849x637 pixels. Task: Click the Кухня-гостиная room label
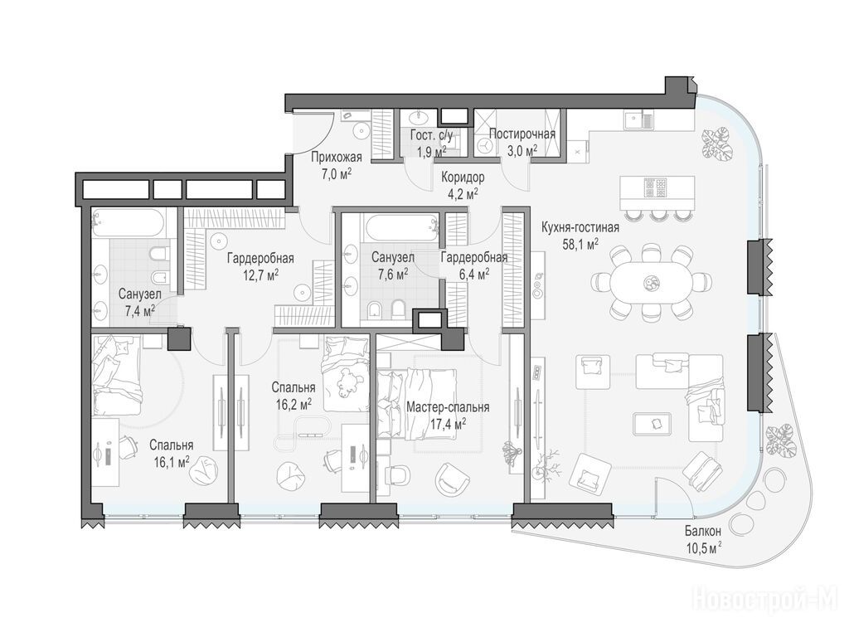click(580, 227)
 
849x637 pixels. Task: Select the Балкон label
click(703, 532)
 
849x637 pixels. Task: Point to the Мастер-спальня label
click(448, 406)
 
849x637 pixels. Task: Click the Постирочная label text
click(522, 134)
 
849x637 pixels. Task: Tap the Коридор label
click(463, 177)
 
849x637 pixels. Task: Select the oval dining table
click(650, 282)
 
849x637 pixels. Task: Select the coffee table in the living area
click(653, 423)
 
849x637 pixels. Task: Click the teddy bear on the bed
click(348, 382)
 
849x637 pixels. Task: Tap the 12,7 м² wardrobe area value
click(261, 275)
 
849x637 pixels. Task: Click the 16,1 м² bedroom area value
click(171, 461)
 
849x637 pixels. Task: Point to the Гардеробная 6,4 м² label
click(474, 265)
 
